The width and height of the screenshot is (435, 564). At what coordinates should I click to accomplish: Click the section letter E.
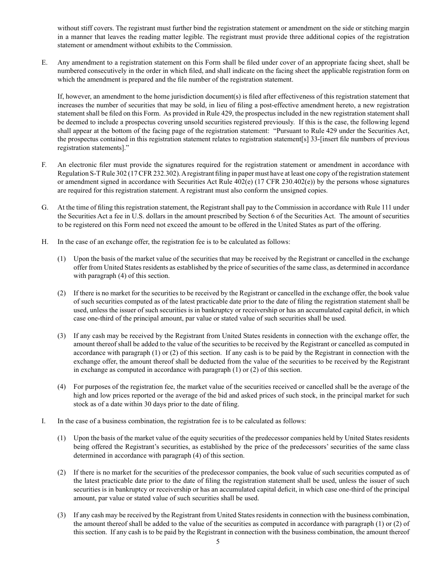pos(44,62)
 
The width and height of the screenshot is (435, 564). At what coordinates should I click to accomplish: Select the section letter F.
pos(44,165)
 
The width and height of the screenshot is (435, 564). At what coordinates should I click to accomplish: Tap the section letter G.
pos(44,207)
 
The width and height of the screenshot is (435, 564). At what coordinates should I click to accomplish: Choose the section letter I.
pos(43,421)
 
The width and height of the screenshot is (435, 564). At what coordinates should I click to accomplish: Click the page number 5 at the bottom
pos(218,542)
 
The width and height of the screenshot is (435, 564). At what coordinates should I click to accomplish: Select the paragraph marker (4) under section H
pos(61,387)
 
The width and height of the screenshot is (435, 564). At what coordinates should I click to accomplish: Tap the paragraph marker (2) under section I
pos(61,472)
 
